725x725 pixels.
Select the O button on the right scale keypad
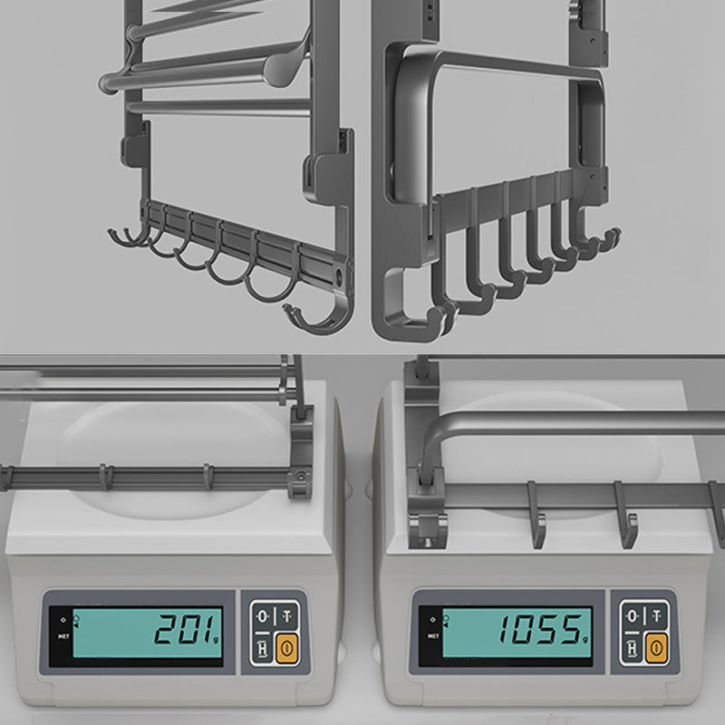pyautogui.click(x=632, y=616)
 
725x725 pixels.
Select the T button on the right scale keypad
pyautogui.click(x=655, y=616)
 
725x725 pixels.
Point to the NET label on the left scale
pyautogui.click(x=63, y=635)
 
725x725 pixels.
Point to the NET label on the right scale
pyautogui.click(x=432, y=635)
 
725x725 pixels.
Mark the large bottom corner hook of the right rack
pyautogui.click(x=412, y=308)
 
